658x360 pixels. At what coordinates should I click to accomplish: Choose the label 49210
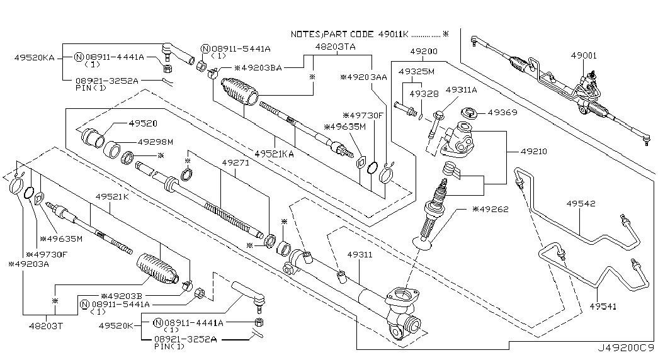tap(534, 152)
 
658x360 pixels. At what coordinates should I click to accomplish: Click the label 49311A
tap(462, 90)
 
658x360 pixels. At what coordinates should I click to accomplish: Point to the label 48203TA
tap(335, 47)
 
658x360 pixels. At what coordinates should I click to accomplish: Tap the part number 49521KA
tap(274, 153)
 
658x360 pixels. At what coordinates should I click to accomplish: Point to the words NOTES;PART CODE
tap(333, 33)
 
